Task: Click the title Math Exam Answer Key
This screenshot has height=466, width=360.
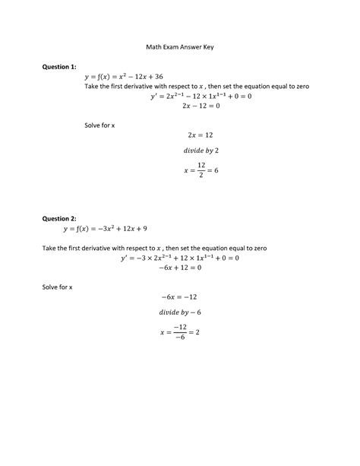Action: tap(179, 46)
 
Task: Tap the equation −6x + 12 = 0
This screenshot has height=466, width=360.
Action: tap(179, 268)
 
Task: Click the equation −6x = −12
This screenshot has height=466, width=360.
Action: tap(179, 295)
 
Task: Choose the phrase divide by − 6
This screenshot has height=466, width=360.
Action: tap(179, 312)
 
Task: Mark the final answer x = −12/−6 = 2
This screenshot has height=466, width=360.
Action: tap(179, 332)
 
